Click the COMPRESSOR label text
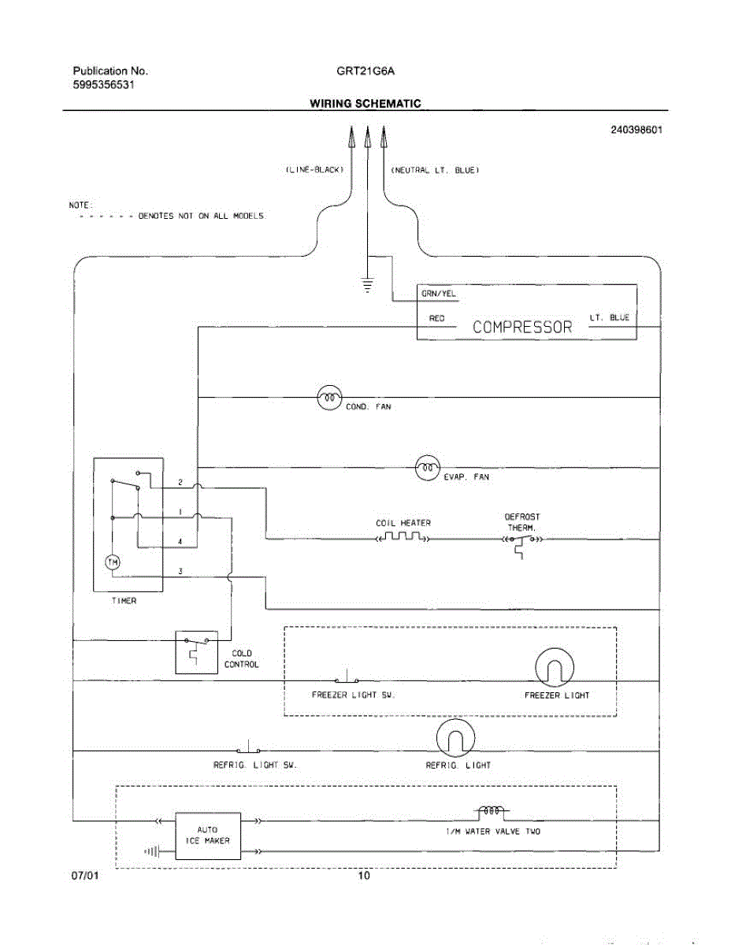pyautogui.click(x=521, y=327)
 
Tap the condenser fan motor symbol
pyautogui.click(x=329, y=398)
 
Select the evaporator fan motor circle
pyautogui.click(x=427, y=468)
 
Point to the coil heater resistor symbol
pyautogui.click(x=403, y=536)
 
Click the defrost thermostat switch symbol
pyautogui.click(x=522, y=543)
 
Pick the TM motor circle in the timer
pyautogui.click(x=113, y=562)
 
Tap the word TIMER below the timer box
pyautogui.click(x=124, y=601)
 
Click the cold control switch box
pyautogui.click(x=197, y=652)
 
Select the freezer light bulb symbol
pyautogui.click(x=554, y=668)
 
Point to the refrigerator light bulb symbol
pyautogui.click(x=455, y=738)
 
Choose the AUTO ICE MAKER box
pyautogui.click(x=208, y=836)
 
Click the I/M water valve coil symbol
pyautogui.click(x=492, y=811)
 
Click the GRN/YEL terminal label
pyautogui.click(x=438, y=294)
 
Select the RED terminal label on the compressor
pyautogui.click(x=436, y=318)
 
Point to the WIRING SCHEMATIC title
pyautogui.click(x=365, y=103)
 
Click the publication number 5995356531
pyautogui.click(x=103, y=84)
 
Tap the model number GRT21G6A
pyautogui.click(x=365, y=71)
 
